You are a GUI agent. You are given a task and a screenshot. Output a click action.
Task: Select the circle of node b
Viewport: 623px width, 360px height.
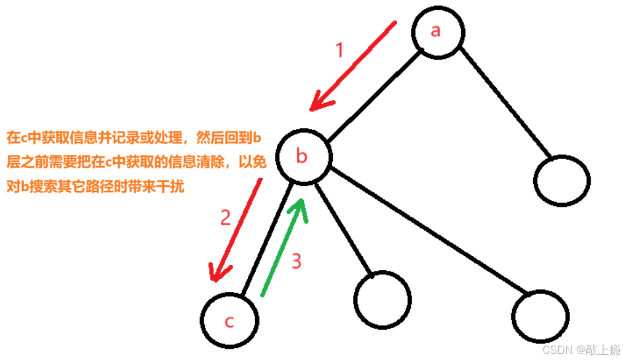click(x=303, y=157)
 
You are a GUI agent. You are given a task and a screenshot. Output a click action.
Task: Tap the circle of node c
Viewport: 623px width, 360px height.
click(x=229, y=321)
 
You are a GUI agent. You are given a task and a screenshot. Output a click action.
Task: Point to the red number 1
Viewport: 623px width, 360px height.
click(x=340, y=50)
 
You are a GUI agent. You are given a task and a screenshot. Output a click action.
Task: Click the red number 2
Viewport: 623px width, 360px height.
click(x=225, y=218)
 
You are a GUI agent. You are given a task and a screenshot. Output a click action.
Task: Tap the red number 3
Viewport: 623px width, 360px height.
click(x=297, y=262)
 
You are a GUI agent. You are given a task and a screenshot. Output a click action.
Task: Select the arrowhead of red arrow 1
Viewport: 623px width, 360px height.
click(x=320, y=102)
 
